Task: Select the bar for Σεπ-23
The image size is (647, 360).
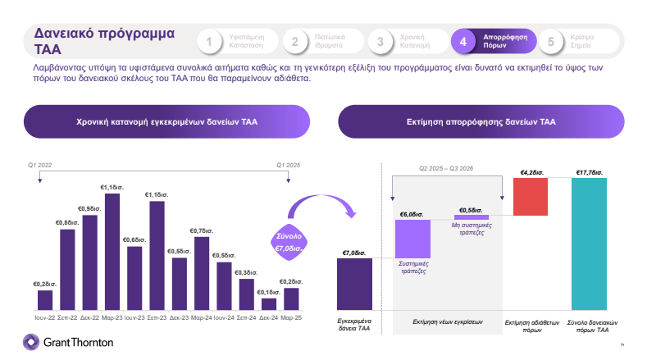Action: tap(157, 255)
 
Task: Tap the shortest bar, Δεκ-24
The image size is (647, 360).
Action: tap(269, 303)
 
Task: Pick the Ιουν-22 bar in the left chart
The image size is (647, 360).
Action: tap(45, 300)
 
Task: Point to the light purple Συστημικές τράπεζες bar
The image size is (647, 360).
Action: tap(412, 239)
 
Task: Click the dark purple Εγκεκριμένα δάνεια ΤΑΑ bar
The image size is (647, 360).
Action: tap(355, 284)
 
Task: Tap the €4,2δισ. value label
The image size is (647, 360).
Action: tap(529, 173)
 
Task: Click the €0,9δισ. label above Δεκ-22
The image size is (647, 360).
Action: tap(89, 209)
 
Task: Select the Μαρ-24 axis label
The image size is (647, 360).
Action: tap(202, 317)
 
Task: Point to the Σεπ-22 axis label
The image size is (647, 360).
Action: tap(67, 317)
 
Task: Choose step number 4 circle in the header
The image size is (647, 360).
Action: tap(463, 42)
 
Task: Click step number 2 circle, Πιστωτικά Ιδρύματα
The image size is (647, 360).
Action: tap(295, 42)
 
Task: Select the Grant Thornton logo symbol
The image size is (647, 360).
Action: tap(30, 342)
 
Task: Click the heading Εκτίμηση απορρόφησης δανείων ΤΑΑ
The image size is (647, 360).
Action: tap(481, 121)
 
